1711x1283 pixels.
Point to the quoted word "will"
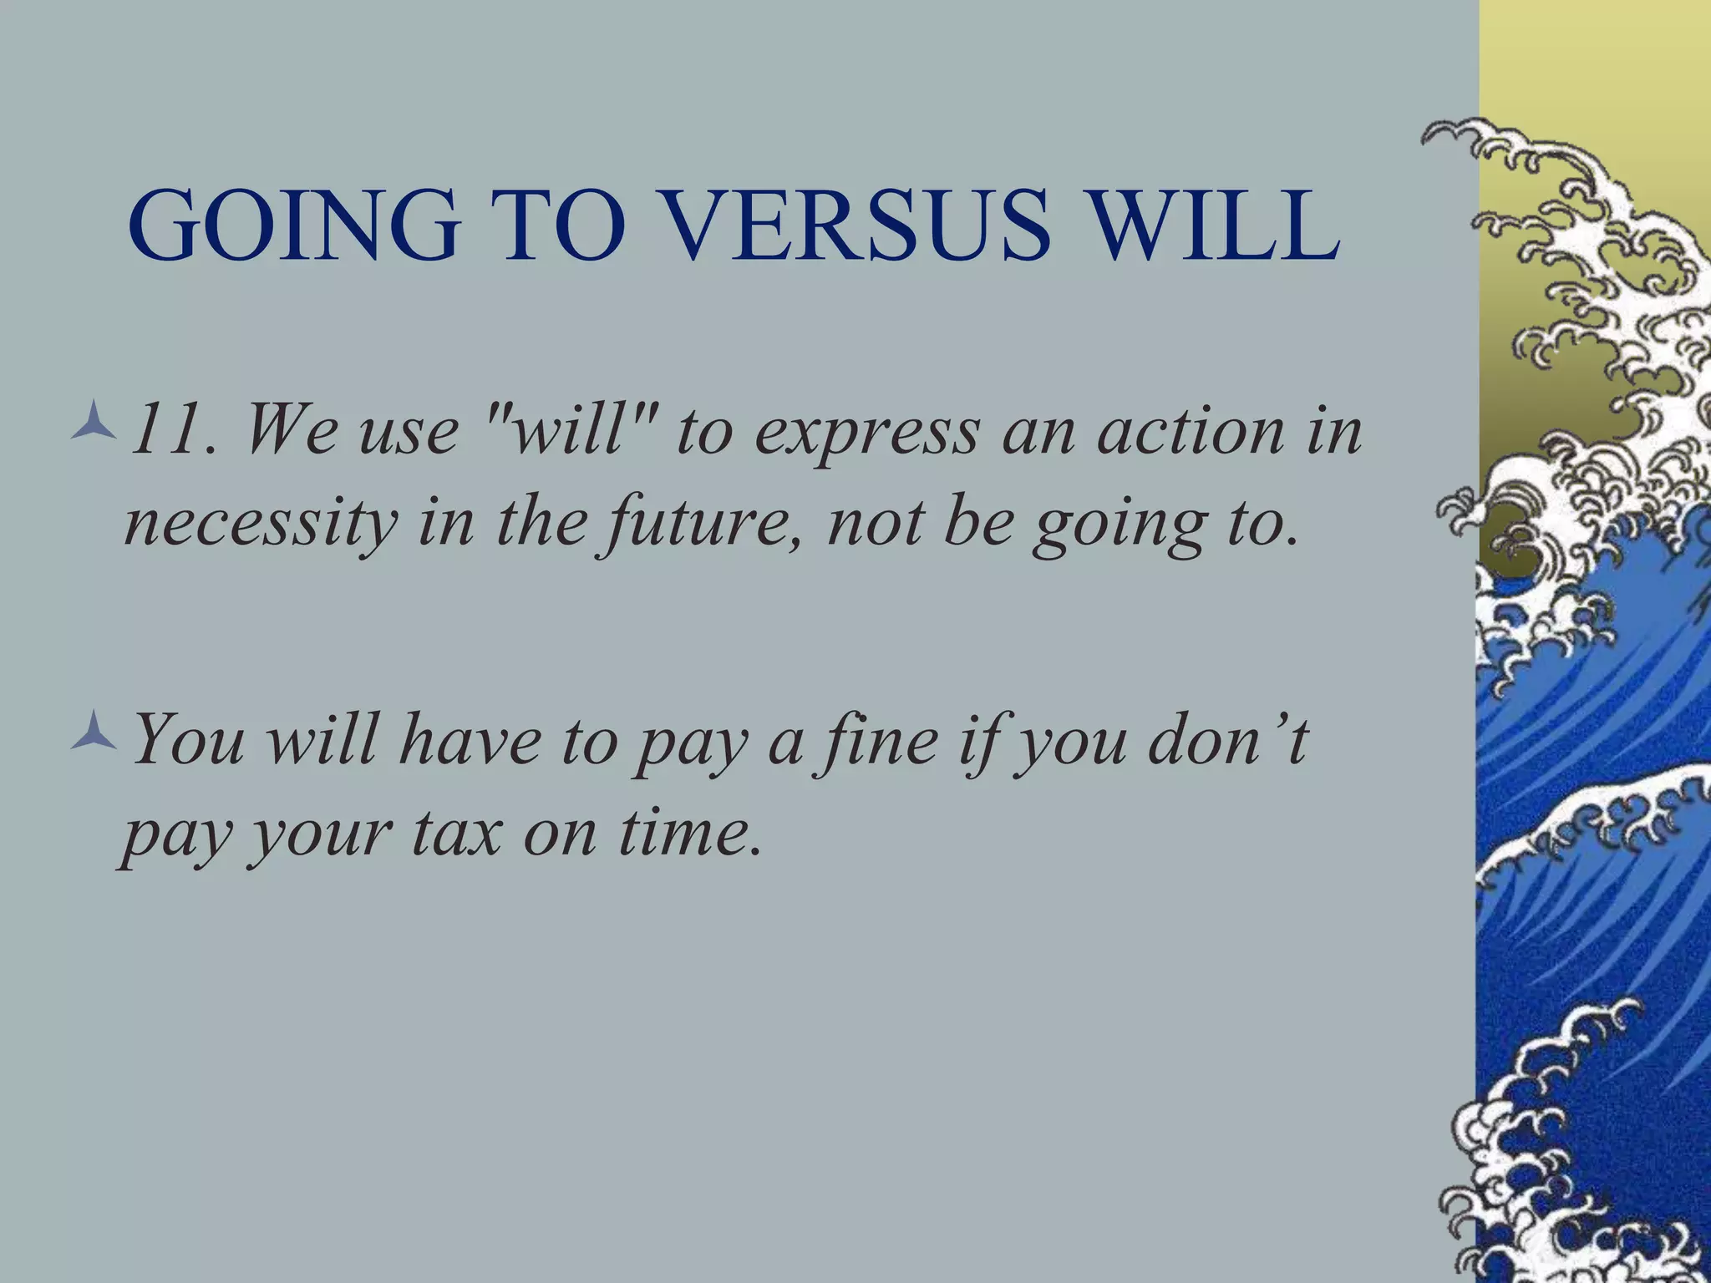tap(568, 430)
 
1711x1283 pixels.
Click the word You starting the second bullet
tap(189, 740)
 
